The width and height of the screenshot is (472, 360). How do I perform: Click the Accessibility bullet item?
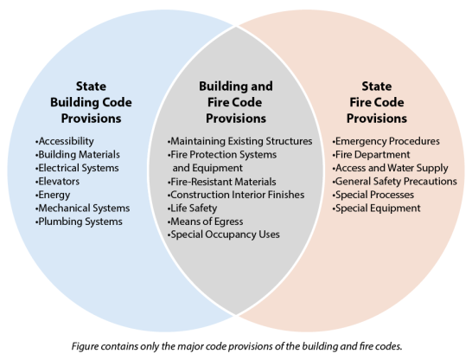pyautogui.click(x=65, y=141)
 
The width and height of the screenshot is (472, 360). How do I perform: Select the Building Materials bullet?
pyautogui.click(x=77, y=155)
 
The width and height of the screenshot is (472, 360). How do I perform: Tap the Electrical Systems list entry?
pyautogui.click(x=77, y=168)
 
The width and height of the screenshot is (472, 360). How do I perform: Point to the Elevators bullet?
pyautogui.click(x=57, y=182)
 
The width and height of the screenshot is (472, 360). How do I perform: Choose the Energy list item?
pyautogui.click(x=53, y=196)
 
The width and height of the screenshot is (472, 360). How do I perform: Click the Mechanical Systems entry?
pyautogui.click(x=82, y=209)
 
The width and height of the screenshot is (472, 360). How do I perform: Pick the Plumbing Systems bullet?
pyautogui.click(x=79, y=222)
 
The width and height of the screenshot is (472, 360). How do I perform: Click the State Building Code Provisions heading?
pyautogui.click(x=91, y=102)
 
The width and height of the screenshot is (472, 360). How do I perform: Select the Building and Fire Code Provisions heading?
pyautogui.click(x=236, y=102)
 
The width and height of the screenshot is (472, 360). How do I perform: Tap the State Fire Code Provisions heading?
pyautogui.click(x=377, y=102)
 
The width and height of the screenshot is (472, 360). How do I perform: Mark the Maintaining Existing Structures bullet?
pyautogui.click(x=239, y=141)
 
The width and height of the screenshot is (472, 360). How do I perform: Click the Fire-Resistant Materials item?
pyautogui.click(x=221, y=182)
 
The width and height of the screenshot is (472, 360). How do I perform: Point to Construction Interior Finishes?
pyautogui.click(x=236, y=195)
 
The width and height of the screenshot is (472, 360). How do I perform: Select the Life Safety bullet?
pyautogui.click(x=192, y=209)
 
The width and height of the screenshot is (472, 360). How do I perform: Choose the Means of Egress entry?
pyautogui.click(x=205, y=222)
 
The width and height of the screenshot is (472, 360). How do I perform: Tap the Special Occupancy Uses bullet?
pyautogui.click(x=223, y=235)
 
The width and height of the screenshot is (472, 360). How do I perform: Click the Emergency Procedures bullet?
pyautogui.click(x=386, y=141)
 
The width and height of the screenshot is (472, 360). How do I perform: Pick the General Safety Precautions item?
pyautogui.click(x=395, y=182)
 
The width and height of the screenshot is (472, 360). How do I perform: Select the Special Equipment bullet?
pyautogui.click(x=376, y=209)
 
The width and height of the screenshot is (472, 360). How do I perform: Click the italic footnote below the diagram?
pyautogui.click(x=237, y=346)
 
